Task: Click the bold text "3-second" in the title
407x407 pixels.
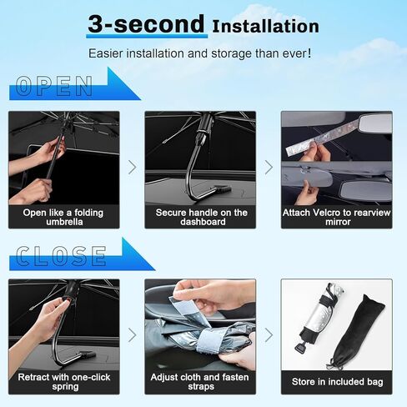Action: click(145, 24)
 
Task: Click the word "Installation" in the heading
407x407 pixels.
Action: click(265, 27)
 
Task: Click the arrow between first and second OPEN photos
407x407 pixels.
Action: click(132, 168)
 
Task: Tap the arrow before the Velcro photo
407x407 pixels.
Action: click(269, 168)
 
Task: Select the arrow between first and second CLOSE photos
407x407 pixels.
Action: click(132, 334)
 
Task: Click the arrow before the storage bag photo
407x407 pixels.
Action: click(269, 334)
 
